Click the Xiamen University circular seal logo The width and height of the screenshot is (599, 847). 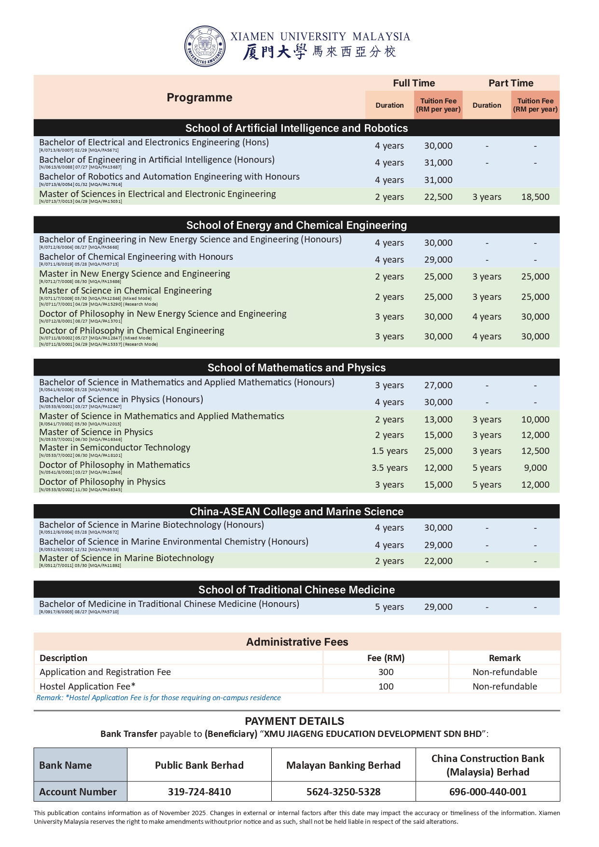pyautogui.click(x=205, y=46)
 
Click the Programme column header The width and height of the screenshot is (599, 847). pyautogui.click(x=199, y=98)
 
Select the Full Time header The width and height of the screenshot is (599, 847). pyautogui.click(x=414, y=83)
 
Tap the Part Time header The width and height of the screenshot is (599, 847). pyautogui.click(x=511, y=83)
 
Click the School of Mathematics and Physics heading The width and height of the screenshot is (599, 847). pyautogui.click(x=296, y=367)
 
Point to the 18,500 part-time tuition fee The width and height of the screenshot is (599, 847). pyautogui.click(x=535, y=197)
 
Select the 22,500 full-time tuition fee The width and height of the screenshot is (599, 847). pyautogui.click(x=438, y=197)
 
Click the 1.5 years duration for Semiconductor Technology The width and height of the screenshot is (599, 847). pyautogui.click(x=390, y=451)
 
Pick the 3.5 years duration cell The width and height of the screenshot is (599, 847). pyautogui.click(x=390, y=468)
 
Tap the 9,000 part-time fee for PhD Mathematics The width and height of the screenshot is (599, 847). pyautogui.click(x=535, y=468)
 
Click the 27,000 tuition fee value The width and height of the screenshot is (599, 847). pyautogui.click(x=438, y=385)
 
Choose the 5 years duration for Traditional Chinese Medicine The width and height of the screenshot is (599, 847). pyautogui.click(x=390, y=607)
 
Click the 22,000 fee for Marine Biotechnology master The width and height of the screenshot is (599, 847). pyautogui.click(x=438, y=561)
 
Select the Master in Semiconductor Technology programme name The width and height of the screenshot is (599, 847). pyautogui.click(x=115, y=448)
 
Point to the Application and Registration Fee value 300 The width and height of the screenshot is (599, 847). pyautogui.click(x=386, y=672)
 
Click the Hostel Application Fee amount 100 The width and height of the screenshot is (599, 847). pyautogui.click(x=386, y=687)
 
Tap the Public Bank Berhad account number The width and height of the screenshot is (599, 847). pyautogui.click(x=199, y=792)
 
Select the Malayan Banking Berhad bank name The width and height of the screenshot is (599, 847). pyautogui.click(x=343, y=765)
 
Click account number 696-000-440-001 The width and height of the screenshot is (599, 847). pyautogui.click(x=488, y=792)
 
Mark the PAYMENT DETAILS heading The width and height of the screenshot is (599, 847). pyautogui.click(x=294, y=721)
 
